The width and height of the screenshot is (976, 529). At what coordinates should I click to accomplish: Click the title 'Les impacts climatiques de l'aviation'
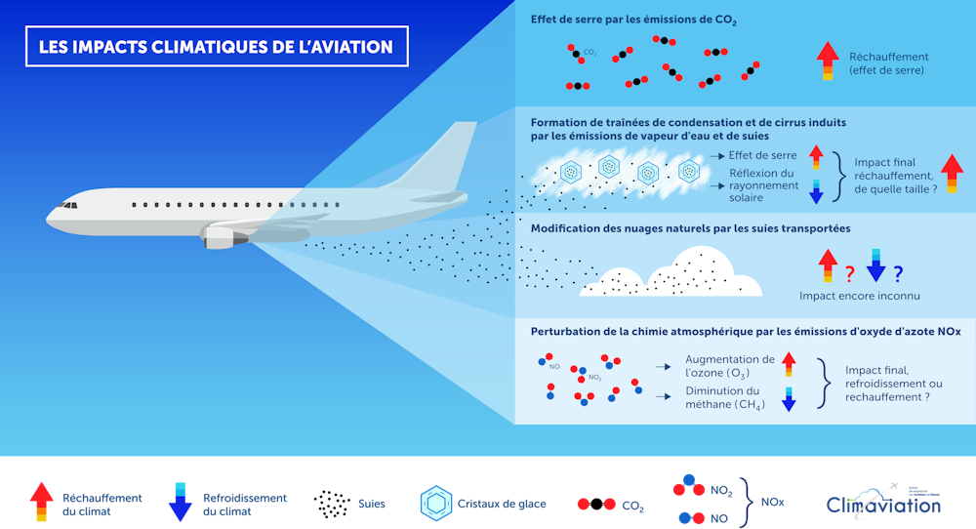point(216,46)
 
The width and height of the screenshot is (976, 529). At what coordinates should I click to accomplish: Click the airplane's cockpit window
point(68,205)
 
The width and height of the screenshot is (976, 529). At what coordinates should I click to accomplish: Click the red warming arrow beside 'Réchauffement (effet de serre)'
point(827,61)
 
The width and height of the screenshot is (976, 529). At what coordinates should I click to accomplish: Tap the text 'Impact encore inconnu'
point(859,295)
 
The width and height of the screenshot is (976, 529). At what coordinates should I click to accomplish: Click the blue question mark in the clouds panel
point(898,274)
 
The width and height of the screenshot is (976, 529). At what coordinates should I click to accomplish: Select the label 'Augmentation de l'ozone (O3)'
point(729,366)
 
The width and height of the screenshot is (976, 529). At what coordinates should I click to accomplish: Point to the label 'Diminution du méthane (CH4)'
point(723,397)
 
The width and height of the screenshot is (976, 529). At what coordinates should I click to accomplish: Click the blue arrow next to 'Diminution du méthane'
point(789,396)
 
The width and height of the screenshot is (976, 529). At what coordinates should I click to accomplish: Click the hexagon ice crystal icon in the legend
point(434,504)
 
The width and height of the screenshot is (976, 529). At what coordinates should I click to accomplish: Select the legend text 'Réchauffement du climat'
point(102,504)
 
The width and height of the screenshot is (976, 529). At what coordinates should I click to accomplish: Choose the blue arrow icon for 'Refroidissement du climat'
point(181,502)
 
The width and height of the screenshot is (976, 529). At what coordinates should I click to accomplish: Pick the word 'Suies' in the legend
point(371,505)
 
